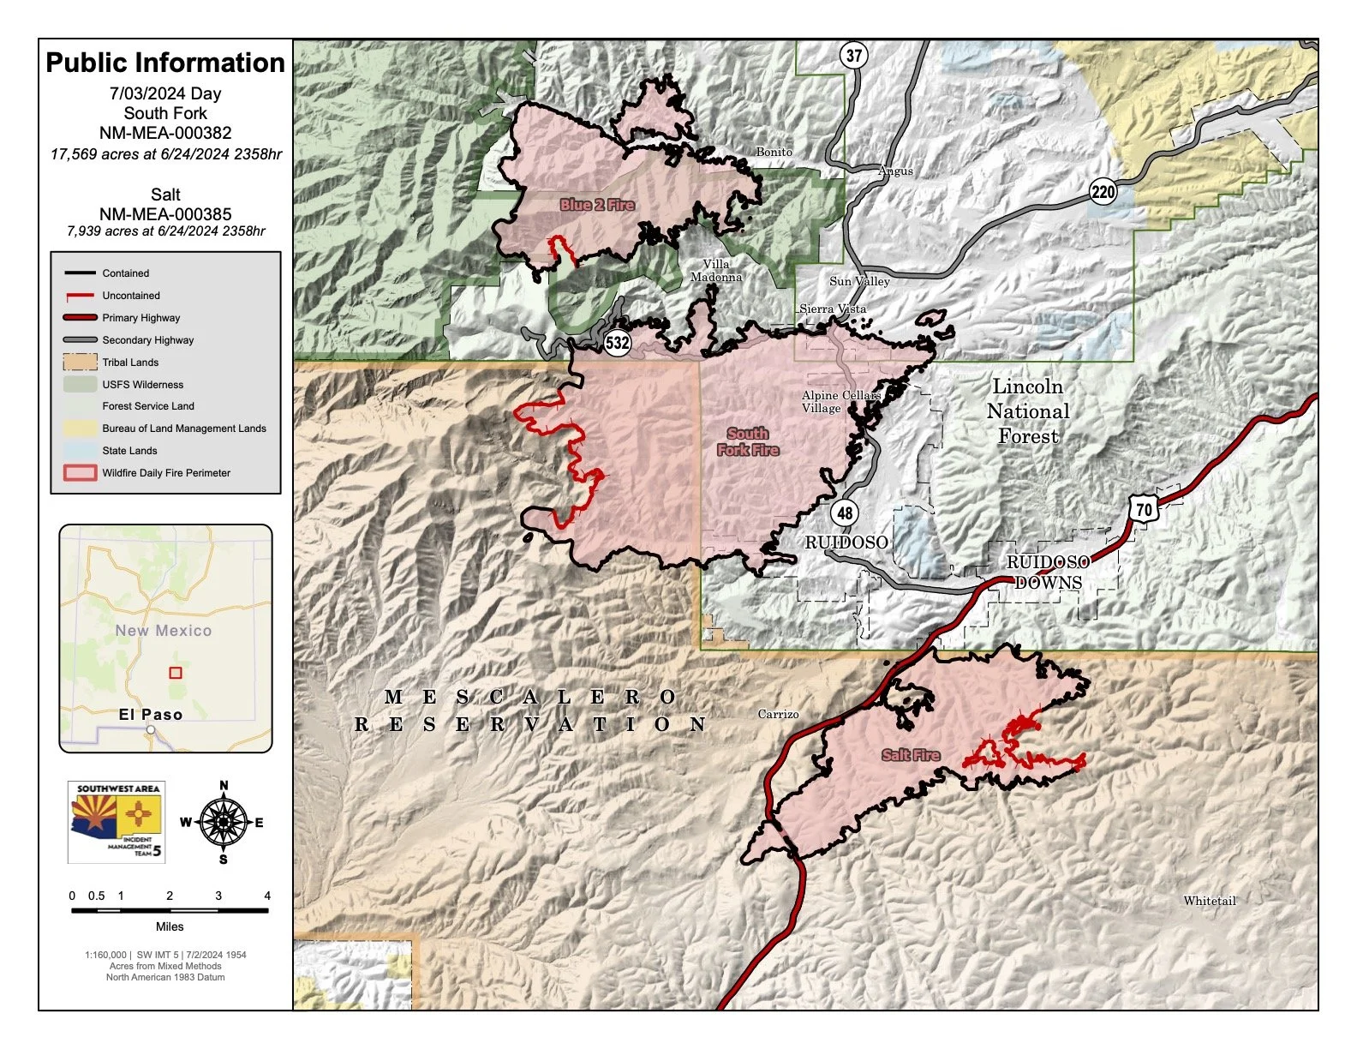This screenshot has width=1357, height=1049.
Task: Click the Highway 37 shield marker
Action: (854, 56)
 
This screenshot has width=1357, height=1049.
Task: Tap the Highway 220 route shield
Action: (1103, 191)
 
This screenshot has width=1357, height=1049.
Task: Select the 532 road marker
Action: (618, 344)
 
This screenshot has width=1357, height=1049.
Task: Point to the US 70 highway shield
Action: (1144, 509)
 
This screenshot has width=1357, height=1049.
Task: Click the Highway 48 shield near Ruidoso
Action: (845, 513)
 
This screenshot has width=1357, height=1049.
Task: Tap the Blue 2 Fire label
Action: (597, 205)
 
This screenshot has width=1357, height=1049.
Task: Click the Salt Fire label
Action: (911, 755)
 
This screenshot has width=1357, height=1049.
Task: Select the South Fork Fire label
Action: (748, 441)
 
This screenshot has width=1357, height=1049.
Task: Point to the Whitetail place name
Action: (1210, 901)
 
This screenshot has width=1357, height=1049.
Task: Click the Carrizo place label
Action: (778, 714)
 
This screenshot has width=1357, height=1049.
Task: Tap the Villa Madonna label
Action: (716, 270)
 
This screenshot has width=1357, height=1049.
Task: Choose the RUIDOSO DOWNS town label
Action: (1048, 572)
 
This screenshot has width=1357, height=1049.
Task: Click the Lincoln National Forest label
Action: (1028, 411)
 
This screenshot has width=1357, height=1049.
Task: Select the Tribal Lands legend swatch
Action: (79, 363)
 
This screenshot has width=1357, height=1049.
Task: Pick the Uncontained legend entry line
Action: (79, 296)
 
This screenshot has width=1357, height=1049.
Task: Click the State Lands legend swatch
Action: (79, 451)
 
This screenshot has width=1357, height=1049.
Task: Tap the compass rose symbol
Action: (224, 822)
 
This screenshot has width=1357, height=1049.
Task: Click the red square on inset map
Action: (176, 673)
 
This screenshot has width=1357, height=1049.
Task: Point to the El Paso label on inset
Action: (151, 714)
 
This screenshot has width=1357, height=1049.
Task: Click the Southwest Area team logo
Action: (117, 821)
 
